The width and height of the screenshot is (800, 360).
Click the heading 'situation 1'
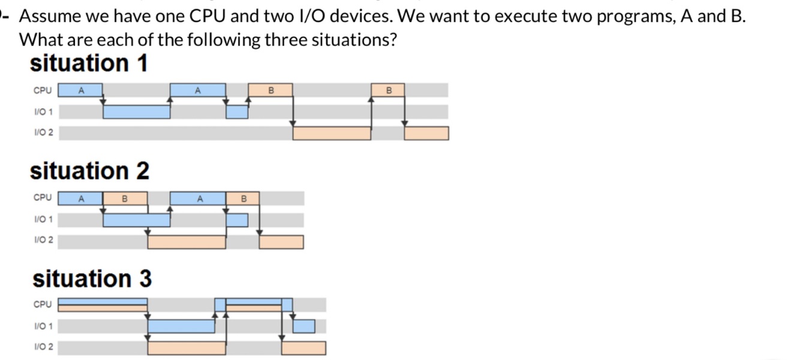[x=88, y=63]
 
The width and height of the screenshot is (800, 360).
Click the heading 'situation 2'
[x=89, y=171]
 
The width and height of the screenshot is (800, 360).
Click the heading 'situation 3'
[x=92, y=279]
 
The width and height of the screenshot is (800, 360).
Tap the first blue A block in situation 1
[x=81, y=91]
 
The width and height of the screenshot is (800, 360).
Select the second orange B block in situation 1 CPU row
[x=388, y=91]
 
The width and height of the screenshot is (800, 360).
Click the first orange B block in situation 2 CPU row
[x=125, y=198]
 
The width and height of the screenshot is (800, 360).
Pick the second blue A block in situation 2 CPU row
[x=199, y=198]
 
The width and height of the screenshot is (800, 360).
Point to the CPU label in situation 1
[x=43, y=91]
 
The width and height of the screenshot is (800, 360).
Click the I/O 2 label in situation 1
[x=43, y=133]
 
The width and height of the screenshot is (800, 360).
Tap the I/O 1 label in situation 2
[x=43, y=220]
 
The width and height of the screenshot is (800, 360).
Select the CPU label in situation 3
[x=43, y=304]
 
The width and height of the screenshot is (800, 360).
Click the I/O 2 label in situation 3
[x=43, y=347]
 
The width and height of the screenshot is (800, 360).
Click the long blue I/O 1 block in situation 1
[x=137, y=112]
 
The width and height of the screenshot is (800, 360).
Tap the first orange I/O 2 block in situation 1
[x=332, y=133]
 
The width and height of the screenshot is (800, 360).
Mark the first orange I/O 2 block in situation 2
[x=187, y=242]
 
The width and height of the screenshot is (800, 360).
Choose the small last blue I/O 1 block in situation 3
[x=303, y=326]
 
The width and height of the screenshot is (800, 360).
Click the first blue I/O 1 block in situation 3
[x=181, y=326]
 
